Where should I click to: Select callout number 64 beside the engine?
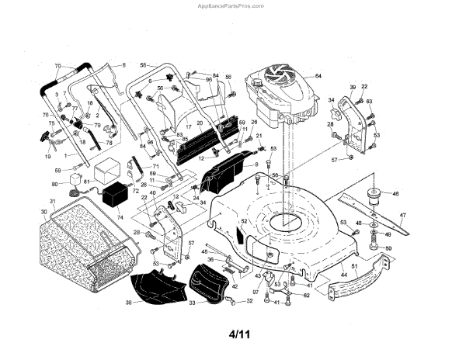pyautogui.click(x=318, y=75)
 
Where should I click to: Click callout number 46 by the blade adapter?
pyautogui.click(x=395, y=193)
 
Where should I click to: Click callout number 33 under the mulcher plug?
pyautogui.click(x=192, y=303)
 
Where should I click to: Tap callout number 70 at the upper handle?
pyautogui.click(x=57, y=65)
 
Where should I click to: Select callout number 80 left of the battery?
pyautogui.click(x=54, y=184)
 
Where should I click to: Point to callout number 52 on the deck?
pyautogui.click(x=242, y=221)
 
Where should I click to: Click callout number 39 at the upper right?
pyautogui.click(x=353, y=87)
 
